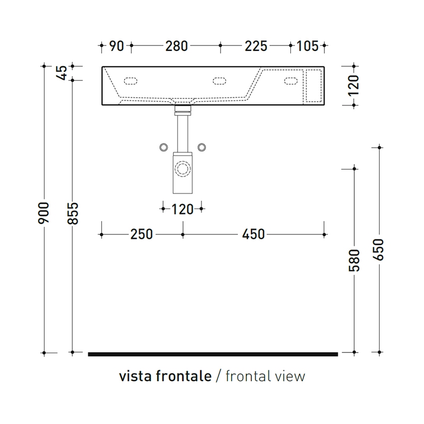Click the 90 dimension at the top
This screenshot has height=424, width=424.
tap(117, 46)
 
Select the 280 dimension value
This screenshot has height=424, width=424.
tap(177, 46)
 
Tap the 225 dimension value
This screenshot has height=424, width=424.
tap(256, 46)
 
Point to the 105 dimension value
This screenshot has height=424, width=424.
tap(307, 46)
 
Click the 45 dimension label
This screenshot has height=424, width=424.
tap(62, 73)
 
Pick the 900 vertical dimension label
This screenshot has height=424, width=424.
tap(43, 213)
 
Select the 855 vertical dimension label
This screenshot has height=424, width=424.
tap(72, 213)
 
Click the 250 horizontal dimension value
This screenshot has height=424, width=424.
tap(142, 234)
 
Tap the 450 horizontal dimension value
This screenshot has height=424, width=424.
tap(253, 234)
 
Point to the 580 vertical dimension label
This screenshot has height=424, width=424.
tap(354, 260)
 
